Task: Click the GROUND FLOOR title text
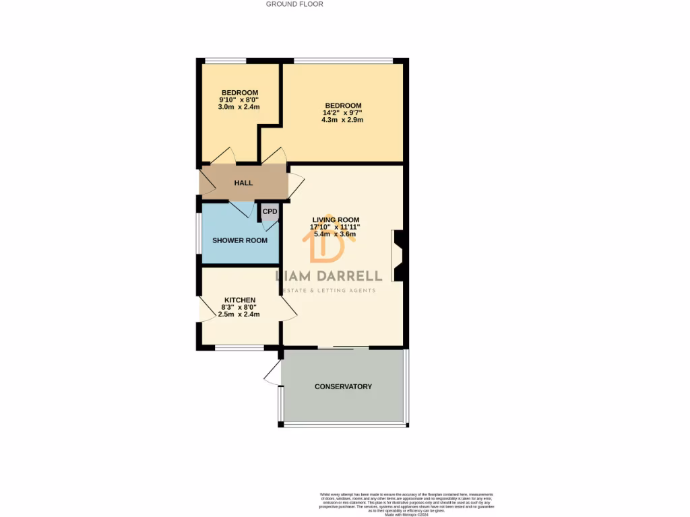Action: pyautogui.click(x=294, y=4)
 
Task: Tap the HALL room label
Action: pyautogui.click(x=243, y=183)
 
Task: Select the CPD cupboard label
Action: pyautogui.click(x=270, y=211)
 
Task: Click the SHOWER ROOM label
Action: pyautogui.click(x=240, y=240)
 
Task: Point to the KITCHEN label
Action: pyautogui.click(x=240, y=300)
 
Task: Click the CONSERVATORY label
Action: pyautogui.click(x=343, y=386)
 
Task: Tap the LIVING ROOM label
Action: pyautogui.click(x=336, y=219)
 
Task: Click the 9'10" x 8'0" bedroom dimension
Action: pyautogui.click(x=239, y=100)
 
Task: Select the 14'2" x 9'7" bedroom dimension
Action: pyautogui.click(x=343, y=112)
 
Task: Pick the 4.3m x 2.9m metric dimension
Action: pyautogui.click(x=343, y=120)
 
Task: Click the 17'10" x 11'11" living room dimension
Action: pyautogui.click(x=335, y=227)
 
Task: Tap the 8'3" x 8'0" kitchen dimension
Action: pyautogui.click(x=239, y=307)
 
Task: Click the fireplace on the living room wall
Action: pyautogui.click(x=398, y=255)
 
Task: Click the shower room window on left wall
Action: pyautogui.click(x=198, y=234)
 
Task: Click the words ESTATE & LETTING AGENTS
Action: pyautogui.click(x=330, y=290)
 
